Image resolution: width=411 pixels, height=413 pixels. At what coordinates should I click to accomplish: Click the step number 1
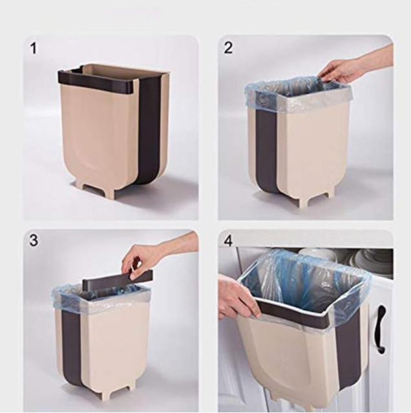click(x=34, y=49)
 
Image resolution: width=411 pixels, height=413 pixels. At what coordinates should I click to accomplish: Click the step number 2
click(x=228, y=48)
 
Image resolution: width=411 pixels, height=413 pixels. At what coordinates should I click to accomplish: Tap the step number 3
click(x=34, y=240)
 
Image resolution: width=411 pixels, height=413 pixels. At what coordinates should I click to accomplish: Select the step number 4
click(x=229, y=241)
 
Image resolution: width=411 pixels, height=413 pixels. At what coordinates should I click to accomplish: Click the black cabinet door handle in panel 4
click(x=381, y=328)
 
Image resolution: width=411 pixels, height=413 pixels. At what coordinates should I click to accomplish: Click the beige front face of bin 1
click(x=100, y=131)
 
